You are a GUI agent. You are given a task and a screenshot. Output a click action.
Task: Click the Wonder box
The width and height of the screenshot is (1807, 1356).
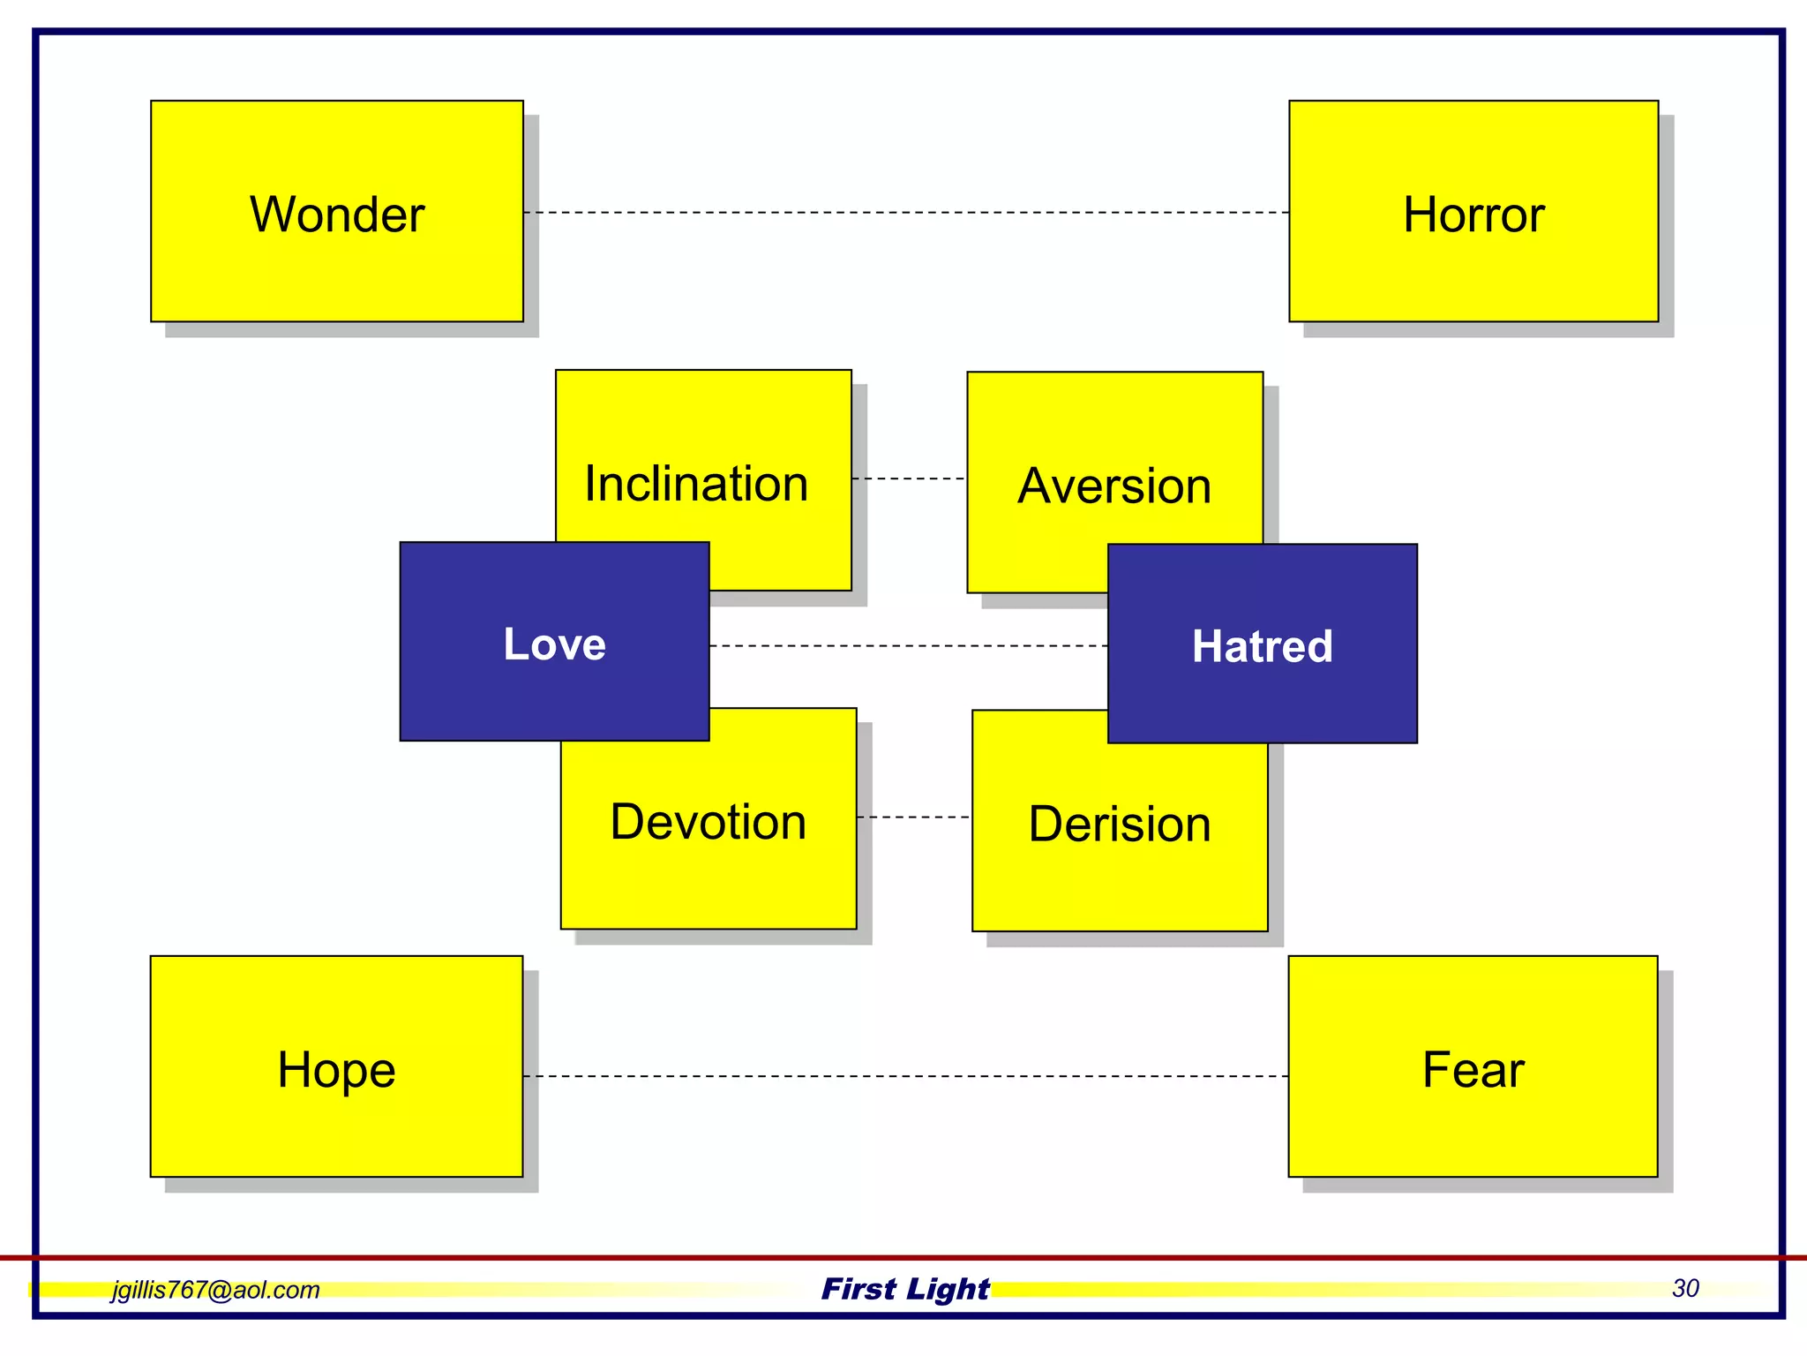point(336,212)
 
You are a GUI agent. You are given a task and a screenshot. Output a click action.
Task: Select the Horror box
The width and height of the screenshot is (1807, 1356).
point(1473,212)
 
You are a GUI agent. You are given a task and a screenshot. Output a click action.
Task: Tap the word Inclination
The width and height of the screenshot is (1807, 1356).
point(696,484)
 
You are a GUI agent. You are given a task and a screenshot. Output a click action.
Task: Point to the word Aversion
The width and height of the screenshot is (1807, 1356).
point(1114,486)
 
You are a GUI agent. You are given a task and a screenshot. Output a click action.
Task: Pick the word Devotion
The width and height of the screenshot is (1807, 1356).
point(708,822)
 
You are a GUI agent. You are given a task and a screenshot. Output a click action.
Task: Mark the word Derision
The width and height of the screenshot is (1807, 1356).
point(1120,824)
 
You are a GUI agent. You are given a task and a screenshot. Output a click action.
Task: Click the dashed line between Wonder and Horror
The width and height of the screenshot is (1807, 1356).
point(906,213)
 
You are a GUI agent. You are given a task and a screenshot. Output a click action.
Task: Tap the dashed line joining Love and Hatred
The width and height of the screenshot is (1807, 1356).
point(909,646)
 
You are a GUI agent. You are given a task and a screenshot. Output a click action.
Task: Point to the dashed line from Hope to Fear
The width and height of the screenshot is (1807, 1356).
point(906,1076)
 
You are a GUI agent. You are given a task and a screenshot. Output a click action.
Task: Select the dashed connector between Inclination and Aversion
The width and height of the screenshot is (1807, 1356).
point(910,478)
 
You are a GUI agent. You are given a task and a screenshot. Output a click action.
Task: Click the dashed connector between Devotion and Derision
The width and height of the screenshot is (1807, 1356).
point(914,817)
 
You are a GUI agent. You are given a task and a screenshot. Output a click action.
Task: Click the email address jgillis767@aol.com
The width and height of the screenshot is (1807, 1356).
point(215,1290)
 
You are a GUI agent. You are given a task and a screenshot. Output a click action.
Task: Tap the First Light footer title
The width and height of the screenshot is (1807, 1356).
point(905,1289)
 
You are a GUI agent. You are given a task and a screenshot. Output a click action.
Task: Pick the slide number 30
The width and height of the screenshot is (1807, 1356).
point(1685,1288)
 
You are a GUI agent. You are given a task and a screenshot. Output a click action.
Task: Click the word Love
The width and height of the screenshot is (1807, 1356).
point(554,644)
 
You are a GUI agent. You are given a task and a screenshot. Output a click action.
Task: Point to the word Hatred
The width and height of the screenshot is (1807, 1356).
point(1262,645)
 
